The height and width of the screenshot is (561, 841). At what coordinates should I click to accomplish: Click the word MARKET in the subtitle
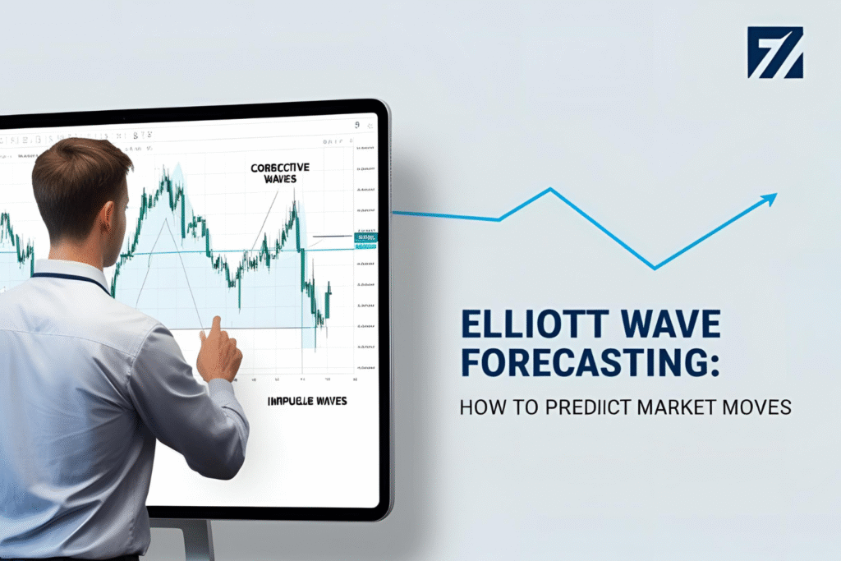(x=679, y=407)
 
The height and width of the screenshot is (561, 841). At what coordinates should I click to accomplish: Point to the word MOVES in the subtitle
(x=761, y=407)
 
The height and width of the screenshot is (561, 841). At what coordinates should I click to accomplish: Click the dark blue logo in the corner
(x=774, y=52)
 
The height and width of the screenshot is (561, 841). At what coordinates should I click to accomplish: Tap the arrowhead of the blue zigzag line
(x=771, y=197)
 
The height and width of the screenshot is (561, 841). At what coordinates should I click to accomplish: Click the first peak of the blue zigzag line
(x=549, y=190)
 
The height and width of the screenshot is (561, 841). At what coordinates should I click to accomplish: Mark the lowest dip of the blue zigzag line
(x=655, y=268)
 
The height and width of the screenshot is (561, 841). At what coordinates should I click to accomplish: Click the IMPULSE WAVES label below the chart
(x=307, y=402)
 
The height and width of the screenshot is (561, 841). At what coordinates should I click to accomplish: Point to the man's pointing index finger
(x=214, y=326)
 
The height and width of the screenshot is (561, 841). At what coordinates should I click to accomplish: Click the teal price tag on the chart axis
(x=365, y=238)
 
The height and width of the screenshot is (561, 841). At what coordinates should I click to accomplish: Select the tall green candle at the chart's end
(x=328, y=301)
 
